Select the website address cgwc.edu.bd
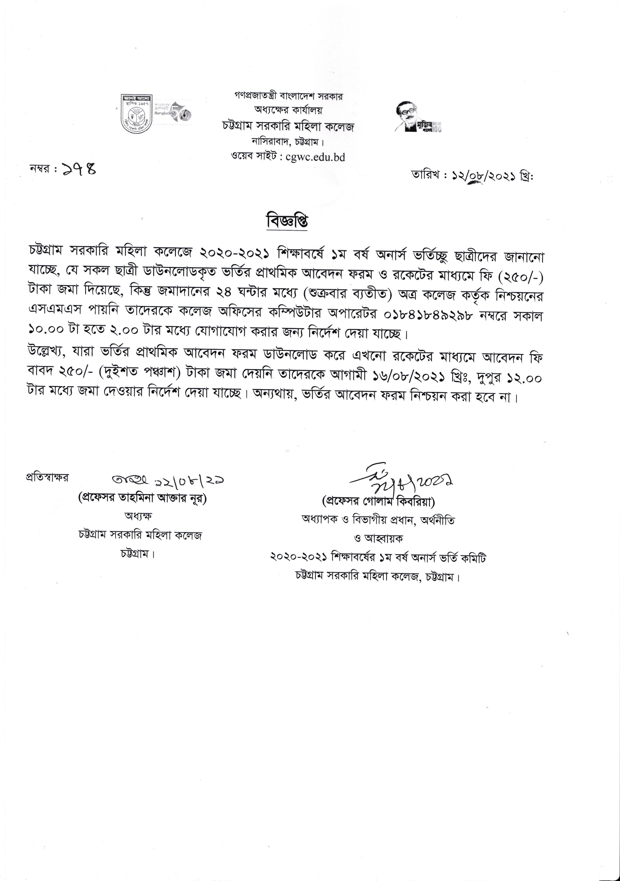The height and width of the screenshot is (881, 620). click(x=315, y=157)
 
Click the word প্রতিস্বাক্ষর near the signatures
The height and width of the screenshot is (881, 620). click(x=47, y=478)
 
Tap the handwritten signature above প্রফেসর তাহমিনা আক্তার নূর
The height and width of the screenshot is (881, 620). click(x=167, y=480)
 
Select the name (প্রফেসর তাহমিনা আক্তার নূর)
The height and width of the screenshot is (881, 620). click(x=142, y=499)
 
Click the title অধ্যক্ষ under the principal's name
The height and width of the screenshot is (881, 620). click(x=138, y=516)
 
